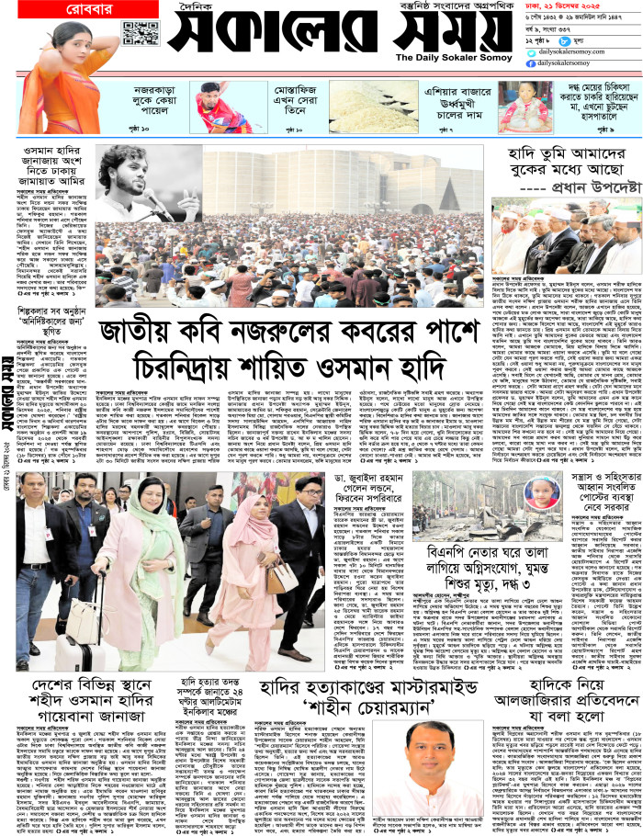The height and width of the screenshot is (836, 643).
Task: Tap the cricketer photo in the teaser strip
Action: coord(217,107)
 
